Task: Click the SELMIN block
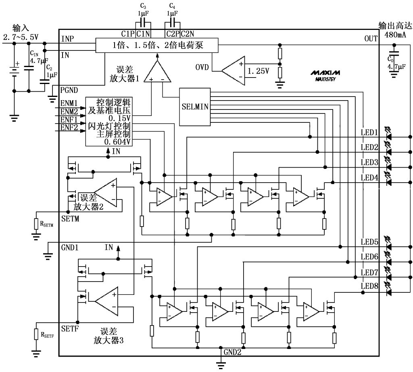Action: click(x=195, y=107)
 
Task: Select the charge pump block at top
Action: click(x=156, y=45)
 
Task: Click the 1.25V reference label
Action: click(x=258, y=71)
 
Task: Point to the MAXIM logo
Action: click(x=325, y=73)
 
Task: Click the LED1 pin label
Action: click(x=369, y=132)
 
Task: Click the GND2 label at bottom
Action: click(x=233, y=351)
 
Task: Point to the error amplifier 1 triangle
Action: click(x=157, y=73)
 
